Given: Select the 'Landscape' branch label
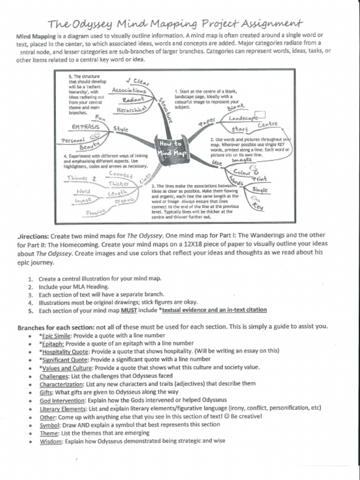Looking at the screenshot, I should pyautogui.click(x=243, y=119).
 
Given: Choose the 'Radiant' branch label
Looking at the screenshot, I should pyautogui.click(x=133, y=99).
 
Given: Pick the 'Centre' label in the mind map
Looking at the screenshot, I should pyautogui.click(x=268, y=124).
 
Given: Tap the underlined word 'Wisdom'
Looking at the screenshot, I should pyautogui.click(x=51, y=441).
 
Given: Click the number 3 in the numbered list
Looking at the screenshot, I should pyautogui.click(x=30, y=295).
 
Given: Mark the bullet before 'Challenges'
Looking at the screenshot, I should pyautogui.click(x=30, y=376).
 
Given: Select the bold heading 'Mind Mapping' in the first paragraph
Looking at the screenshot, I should pyautogui.click(x=36, y=36).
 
